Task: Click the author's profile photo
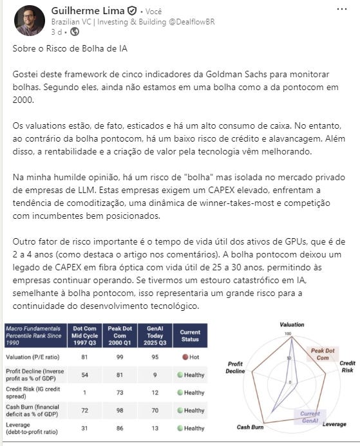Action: coord(30,21)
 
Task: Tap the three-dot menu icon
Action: coord(341,9)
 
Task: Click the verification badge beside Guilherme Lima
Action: coord(132,11)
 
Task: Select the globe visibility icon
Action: coord(75,32)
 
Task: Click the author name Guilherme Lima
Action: coord(88,11)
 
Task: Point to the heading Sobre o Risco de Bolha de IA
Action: coord(70,48)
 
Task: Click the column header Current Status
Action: coord(190,336)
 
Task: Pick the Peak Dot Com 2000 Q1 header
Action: coord(120,336)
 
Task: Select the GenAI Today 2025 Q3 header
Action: coord(155,336)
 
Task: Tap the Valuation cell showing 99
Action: coord(120,357)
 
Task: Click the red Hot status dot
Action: coord(185,357)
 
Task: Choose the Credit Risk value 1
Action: coord(84,393)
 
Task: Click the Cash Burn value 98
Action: coord(120,411)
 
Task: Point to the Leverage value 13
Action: coord(155,428)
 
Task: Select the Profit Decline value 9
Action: coord(155,375)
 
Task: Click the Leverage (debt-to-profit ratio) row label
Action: coord(32,428)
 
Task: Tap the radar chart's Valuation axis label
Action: coord(292,324)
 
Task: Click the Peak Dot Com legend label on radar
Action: coord(323,354)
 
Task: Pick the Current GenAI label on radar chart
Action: coord(310,417)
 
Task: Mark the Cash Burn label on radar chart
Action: coord(250,427)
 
